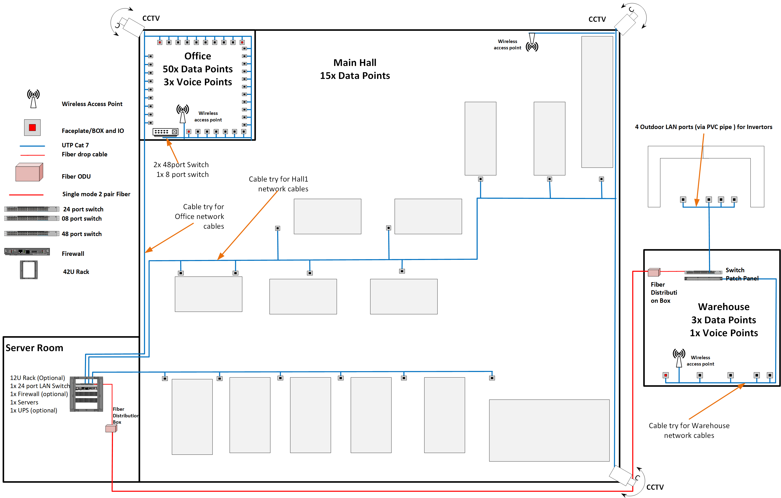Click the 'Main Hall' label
(x=355, y=63)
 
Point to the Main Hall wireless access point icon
(x=532, y=43)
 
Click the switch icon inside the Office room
(x=165, y=132)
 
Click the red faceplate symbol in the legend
(x=32, y=128)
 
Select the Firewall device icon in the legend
(x=27, y=252)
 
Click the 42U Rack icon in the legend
(x=29, y=270)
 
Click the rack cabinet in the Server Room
(x=86, y=394)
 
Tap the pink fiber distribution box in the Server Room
(x=111, y=429)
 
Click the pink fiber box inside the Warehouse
(x=654, y=272)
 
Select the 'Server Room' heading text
(x=34, y=348)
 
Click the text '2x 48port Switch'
(x=181, y=164)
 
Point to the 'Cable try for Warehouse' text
(x=689, y=426)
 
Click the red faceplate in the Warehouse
(x=665, y=375)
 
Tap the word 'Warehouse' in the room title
(x=724, y=307)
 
